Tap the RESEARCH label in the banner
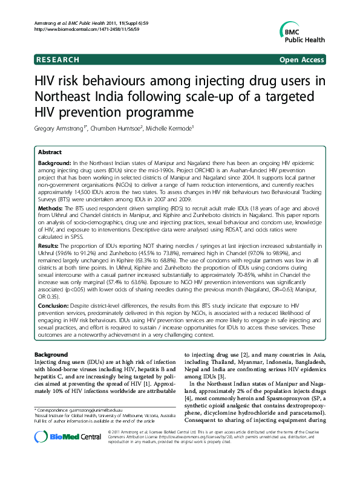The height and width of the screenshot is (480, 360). point(58,59)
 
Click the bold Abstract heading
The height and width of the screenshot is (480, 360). point(50,153)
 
